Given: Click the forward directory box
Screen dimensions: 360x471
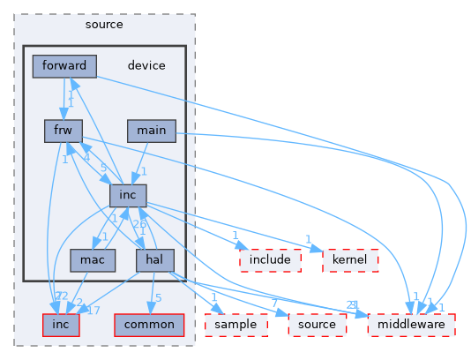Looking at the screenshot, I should [x=64, y=65].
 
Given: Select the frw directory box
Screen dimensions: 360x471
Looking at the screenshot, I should [x=64, y=131].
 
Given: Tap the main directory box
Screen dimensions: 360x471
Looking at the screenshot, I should [x=151, y=131].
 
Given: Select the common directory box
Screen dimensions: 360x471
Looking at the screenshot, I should [x=148, y=325].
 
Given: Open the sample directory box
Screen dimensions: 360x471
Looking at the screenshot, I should [x=235, y=325].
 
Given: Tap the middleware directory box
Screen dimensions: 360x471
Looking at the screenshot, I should [x=411, y=325].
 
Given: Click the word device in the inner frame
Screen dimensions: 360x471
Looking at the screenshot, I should [x=146, y=65].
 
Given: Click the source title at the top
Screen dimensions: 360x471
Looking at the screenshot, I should [x=104, y=24].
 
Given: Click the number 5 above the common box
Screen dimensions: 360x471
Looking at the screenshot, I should [x=157, y=297].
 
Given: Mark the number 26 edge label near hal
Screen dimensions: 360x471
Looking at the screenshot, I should [x=139, y=224].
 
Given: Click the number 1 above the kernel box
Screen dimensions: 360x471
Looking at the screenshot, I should [x=308, y=239].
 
